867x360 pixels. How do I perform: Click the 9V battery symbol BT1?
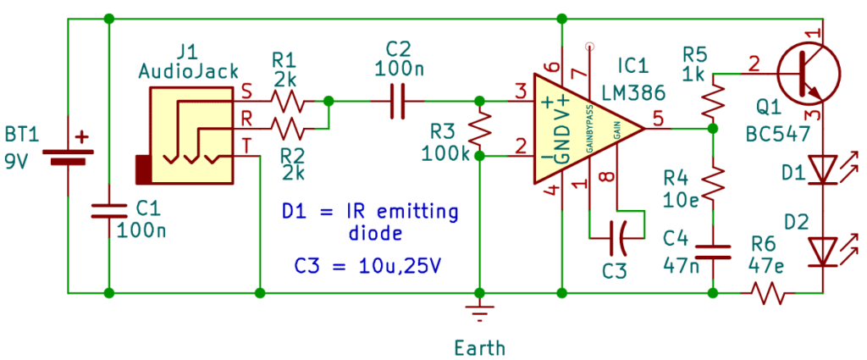point(68,156)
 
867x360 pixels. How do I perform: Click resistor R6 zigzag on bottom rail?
point(766,293)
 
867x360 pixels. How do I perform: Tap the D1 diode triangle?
point(821,169)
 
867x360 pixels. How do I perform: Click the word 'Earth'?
point(480,346)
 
